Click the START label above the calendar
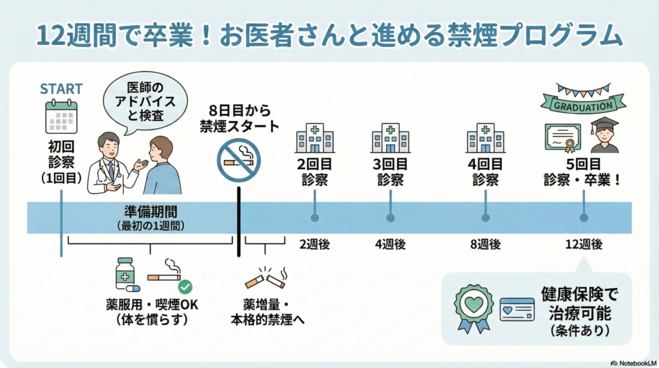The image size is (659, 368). click(x=61, y=88)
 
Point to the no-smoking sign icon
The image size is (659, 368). click(x=239, y=160)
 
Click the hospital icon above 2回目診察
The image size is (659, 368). click(x=315, y=138)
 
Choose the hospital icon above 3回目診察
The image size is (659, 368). click(x=390, y=138)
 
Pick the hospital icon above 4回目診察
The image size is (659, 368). click(x=485, y=138)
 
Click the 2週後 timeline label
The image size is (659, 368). click(x=315, y=244)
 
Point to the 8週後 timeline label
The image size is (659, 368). click(x=485, y=244)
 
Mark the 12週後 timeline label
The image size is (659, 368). click(x=584, y=244)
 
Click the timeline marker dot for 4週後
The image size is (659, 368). click(x=390, y=218)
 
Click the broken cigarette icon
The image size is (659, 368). click(x=265, y=279)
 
